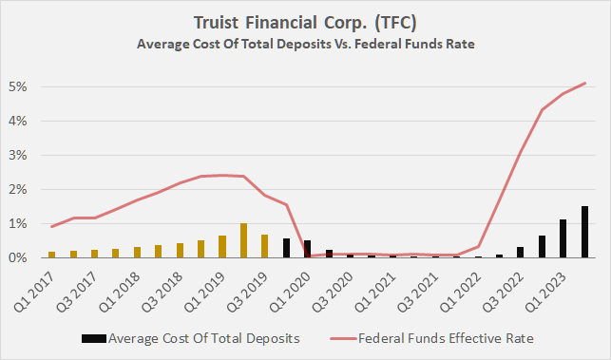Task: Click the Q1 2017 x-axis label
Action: (38, 282)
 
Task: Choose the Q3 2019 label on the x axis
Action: (246, 282)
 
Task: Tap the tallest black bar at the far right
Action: (585, 232)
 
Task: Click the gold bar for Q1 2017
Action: (51, 255)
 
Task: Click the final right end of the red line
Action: (585, 84)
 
